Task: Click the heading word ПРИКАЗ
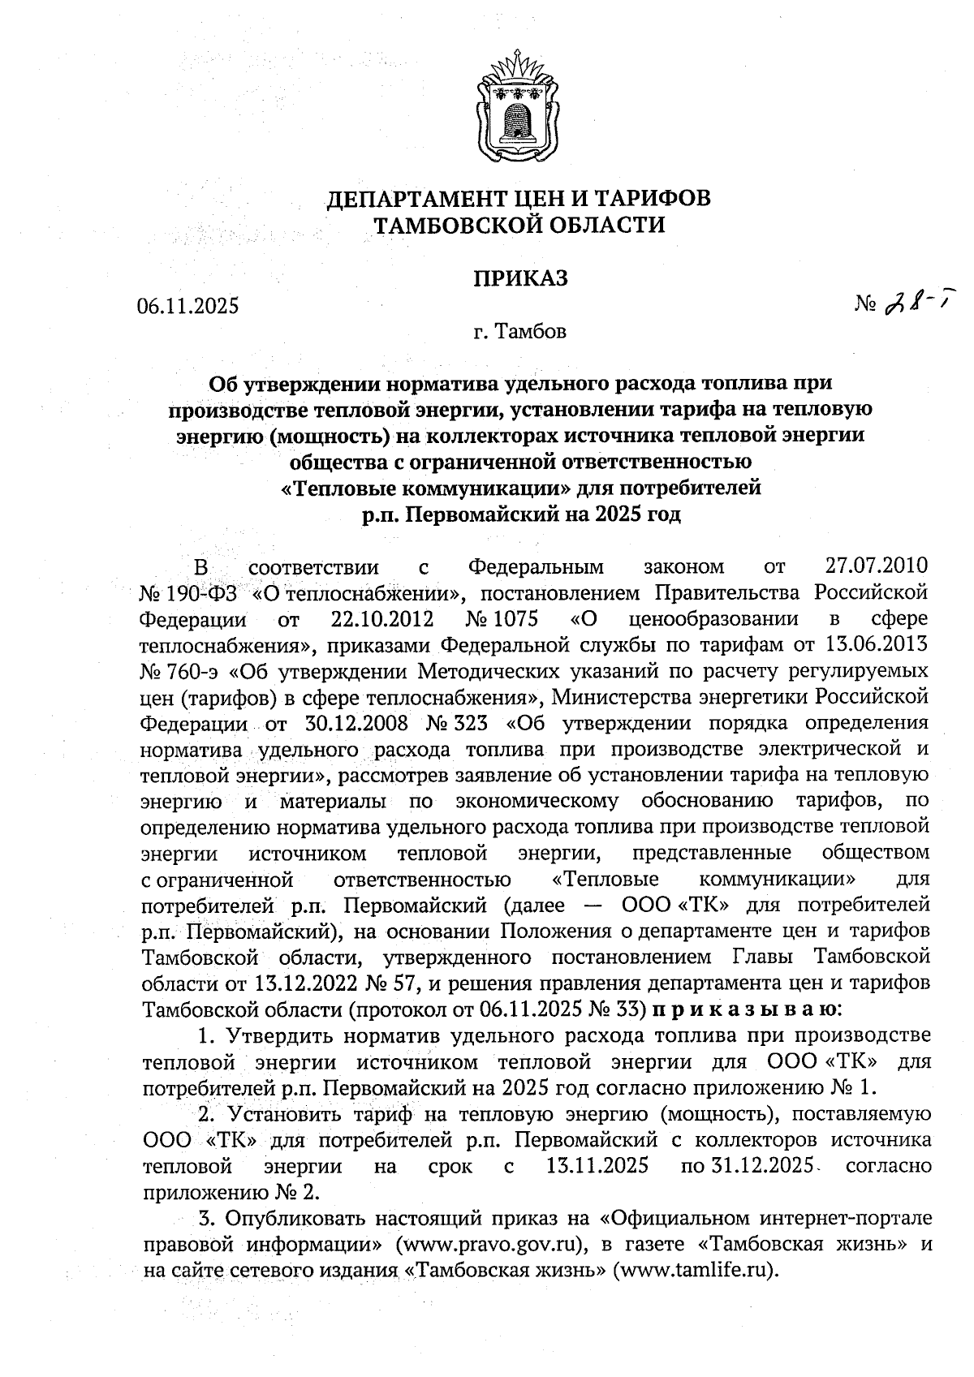coord(520,278)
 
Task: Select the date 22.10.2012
coord(382,620)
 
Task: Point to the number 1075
coord(514,620)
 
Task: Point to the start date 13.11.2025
coord(593,1166)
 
